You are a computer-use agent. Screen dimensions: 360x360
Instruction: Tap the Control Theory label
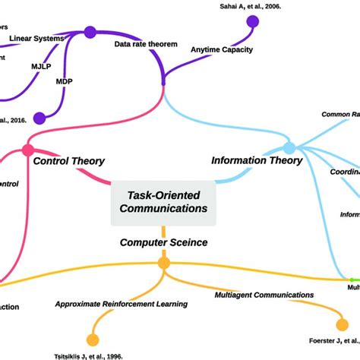click(x=69, y=161)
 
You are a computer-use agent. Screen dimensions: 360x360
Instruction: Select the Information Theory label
click(x=256, y=161)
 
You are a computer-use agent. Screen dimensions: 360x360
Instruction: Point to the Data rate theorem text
click(x=146, y=45)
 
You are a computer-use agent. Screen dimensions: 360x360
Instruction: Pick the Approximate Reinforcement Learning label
click(x=122, y=305)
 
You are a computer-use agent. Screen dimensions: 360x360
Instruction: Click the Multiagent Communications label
click(x=264, y=295)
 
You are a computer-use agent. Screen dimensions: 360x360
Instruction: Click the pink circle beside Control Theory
click(x=29, y=150)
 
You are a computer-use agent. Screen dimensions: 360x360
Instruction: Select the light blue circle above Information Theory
click(x=289, y=148)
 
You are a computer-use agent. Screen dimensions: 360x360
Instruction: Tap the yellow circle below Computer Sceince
click(x=163, y=264)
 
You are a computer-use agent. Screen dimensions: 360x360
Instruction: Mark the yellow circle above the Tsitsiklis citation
click(x=93, y=339)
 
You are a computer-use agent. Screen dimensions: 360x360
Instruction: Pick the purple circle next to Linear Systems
click(x=90, y=32)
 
